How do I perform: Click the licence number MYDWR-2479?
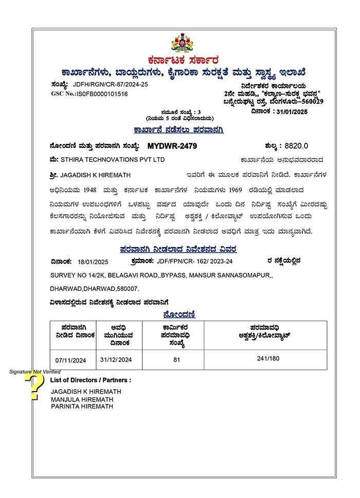172,146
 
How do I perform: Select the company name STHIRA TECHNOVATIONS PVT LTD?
113,160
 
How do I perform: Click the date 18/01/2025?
93,262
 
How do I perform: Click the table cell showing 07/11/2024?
70,360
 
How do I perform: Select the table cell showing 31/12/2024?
116,359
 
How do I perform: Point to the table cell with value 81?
176,359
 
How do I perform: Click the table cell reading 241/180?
268,358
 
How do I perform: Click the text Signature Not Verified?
34,371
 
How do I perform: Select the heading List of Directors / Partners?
91,380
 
